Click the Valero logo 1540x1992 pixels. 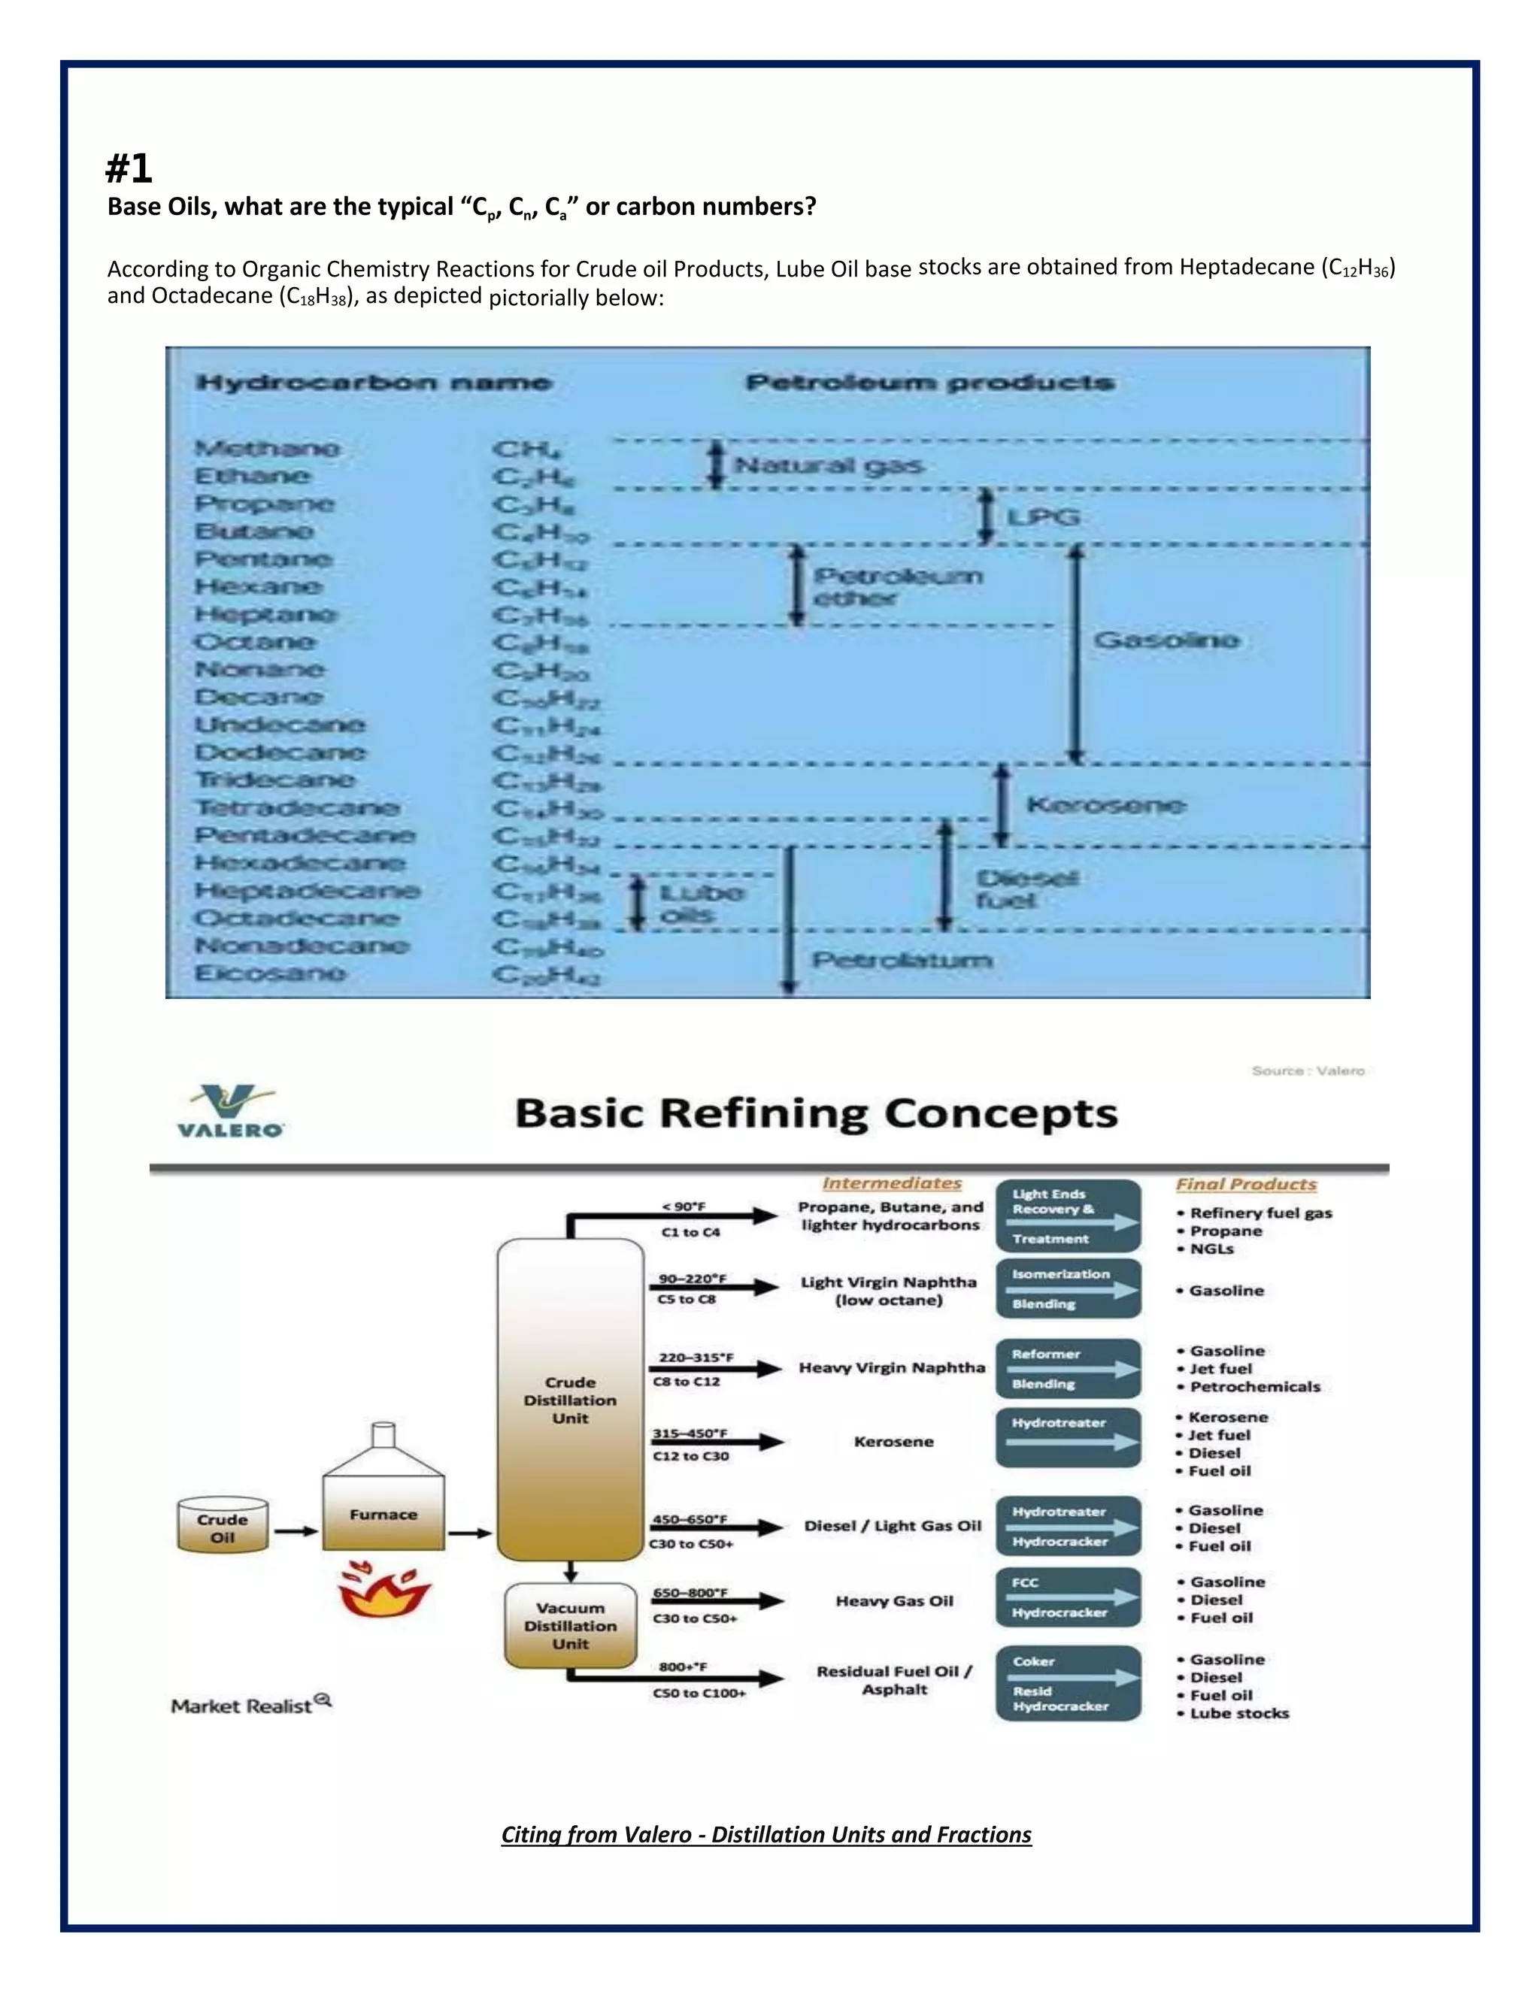tap(230, 1110)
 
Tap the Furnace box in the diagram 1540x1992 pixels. tap(383, 1513)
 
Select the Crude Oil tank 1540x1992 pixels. tap(223, 1525)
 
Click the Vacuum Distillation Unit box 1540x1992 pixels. tap(570, 1625)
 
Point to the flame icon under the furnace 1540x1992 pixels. tap(383, 1588)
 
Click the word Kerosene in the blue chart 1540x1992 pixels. tap(1105, 804)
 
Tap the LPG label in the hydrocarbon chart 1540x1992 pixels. tap(1043, 517)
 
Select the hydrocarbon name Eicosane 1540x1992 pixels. tap(270, 973)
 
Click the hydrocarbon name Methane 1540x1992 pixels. tap(266, 448)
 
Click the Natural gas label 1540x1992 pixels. tap(829, 466)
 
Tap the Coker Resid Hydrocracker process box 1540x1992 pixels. tap(1068, 1684)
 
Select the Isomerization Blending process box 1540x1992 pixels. tap(1068, 1288)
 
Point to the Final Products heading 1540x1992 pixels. tap(1245, 1184)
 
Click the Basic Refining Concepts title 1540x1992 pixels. tap(816, 1114)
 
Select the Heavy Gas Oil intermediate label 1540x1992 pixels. tap(894, 1600)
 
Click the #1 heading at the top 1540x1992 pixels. tap(129, 168)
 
